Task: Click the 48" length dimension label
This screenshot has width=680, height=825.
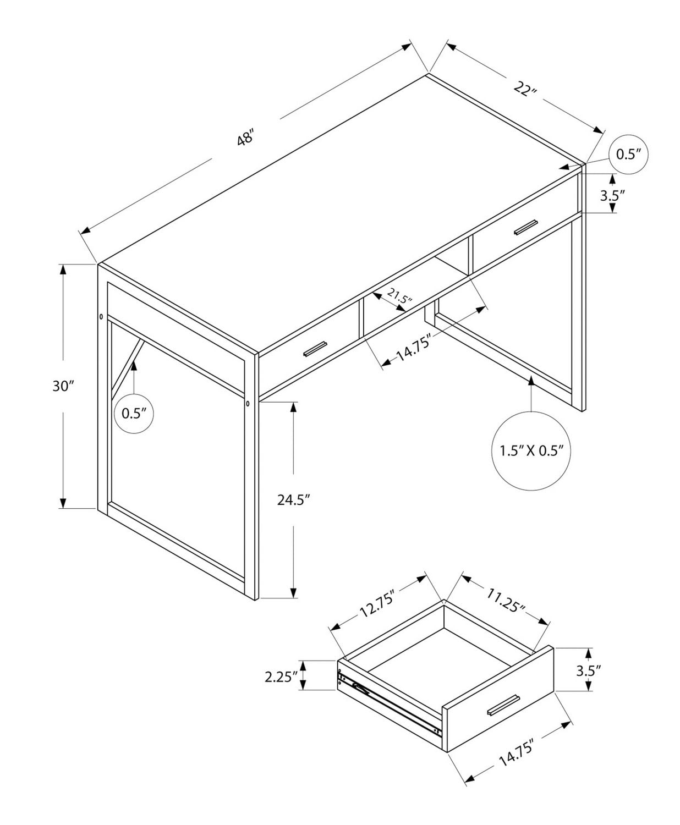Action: point(245,137)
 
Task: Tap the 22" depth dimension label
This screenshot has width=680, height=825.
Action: point(524,89)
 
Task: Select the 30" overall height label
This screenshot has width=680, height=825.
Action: point(63,386)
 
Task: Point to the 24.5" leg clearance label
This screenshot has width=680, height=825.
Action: point(294,500)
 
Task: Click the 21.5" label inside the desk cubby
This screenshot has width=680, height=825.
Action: point(399,297)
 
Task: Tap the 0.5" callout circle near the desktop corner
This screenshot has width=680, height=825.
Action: point(629,154)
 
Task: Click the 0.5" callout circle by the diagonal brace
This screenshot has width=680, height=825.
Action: point(133,414)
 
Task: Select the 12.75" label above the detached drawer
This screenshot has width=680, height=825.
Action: point(377,604)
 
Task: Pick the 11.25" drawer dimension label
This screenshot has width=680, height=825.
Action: point(505,602)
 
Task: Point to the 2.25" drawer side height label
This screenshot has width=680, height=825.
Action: point(281,676)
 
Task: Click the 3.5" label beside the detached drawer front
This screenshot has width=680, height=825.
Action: point(588,670)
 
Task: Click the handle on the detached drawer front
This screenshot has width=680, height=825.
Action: point(503,705)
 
